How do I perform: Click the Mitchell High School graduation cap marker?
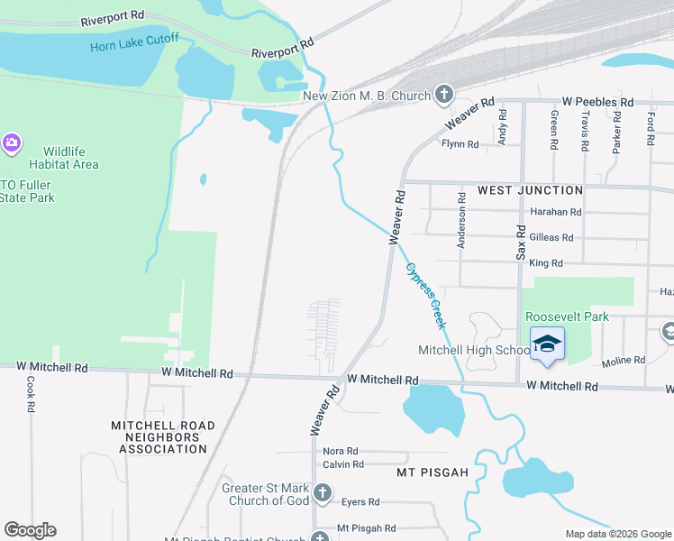(547, 346)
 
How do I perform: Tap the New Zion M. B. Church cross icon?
(443, 93)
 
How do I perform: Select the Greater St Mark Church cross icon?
(323, 494)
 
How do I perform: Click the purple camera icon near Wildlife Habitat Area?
(11, 142)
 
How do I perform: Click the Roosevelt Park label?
(568, 316)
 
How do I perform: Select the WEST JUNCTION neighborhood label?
(530, 190)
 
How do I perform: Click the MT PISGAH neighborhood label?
(433, 472)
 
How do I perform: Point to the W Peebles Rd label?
(597, 103)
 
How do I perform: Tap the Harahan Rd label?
(556, 212)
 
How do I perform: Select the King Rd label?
(546, 263)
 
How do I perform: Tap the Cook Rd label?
(31, 395)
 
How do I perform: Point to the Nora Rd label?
(341, 451)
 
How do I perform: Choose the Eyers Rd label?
(361, 501)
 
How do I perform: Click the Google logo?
(30, 530)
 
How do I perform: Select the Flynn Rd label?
(459, 144)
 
